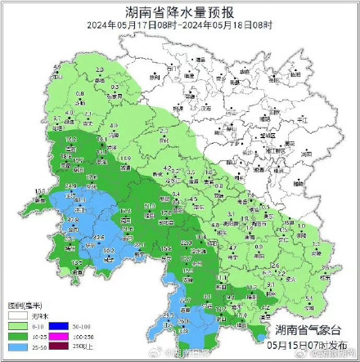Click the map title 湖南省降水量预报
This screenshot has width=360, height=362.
coord(179,12)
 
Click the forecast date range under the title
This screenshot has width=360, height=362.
coord(179,25)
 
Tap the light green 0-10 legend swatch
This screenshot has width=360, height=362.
coord(16,324)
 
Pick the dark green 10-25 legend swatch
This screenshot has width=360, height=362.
coord(16,334)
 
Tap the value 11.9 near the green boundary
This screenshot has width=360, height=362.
coord(124,158)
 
